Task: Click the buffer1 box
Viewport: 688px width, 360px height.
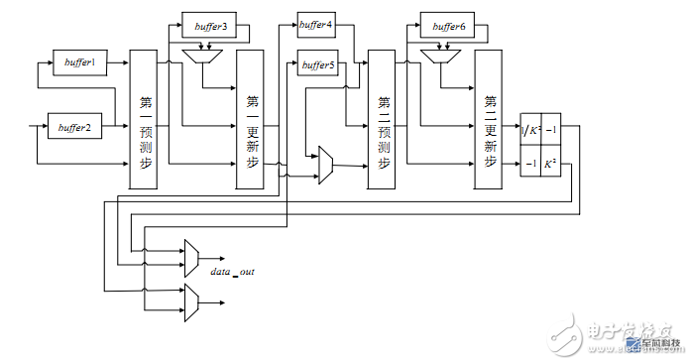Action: (x=78, y=61)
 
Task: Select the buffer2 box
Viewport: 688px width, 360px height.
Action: (x=74, y=127)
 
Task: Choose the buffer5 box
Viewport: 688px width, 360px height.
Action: (x=318, y=65)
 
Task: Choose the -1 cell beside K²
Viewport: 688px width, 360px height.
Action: (x=532, y=163)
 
